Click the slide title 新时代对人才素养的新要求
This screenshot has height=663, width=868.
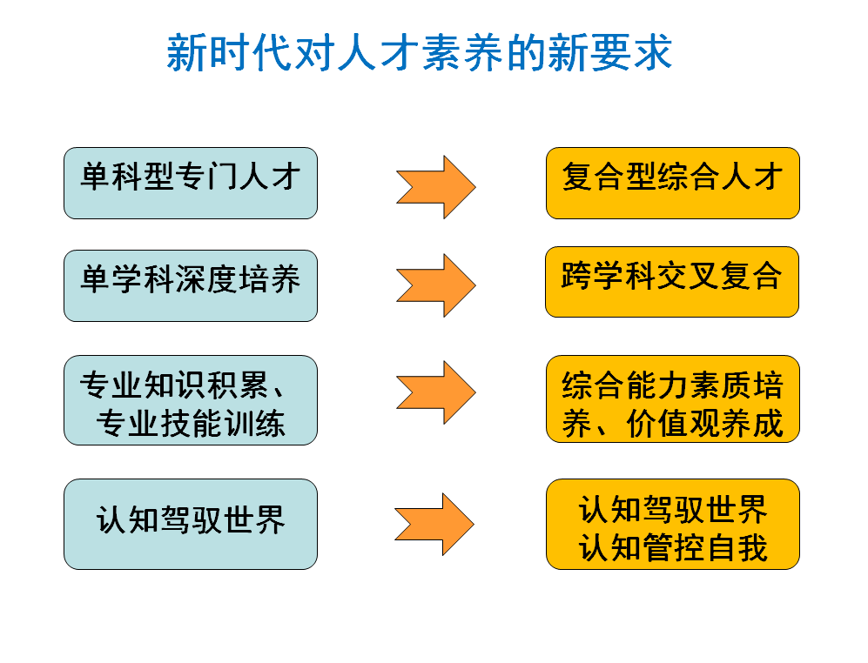tap(419, 52)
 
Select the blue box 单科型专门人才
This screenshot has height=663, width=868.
tap(190, 183)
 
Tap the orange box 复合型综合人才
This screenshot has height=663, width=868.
tap(672, 183)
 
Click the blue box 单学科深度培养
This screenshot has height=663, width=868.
tap(190, 285)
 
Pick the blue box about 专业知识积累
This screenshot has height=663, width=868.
tap(190, 400)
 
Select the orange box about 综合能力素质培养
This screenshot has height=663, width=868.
tap(672, 400)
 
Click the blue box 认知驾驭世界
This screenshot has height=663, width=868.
tap(190, 524)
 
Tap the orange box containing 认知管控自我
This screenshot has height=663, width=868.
tap(672, 524)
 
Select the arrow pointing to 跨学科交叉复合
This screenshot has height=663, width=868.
tap(436, 285)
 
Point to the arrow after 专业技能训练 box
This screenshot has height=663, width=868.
tap(436, 392)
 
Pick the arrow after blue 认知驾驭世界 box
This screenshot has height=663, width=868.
tap(434, 524)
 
